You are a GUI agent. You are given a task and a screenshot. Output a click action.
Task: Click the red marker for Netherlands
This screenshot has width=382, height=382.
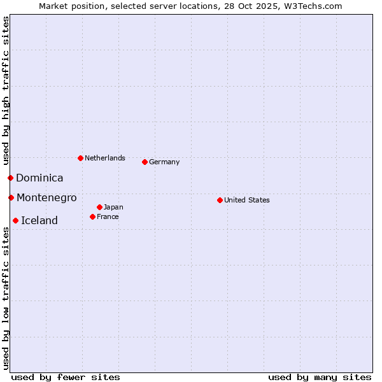[80, 158]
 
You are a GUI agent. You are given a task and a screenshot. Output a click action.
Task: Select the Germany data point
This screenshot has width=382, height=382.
[145, 162]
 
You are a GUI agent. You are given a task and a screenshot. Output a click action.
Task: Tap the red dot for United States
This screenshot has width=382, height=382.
[220, 200]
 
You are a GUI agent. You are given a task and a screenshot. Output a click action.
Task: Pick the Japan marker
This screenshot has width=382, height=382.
[99, 207]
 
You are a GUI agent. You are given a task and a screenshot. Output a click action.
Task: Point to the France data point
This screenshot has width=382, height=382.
[92, 216]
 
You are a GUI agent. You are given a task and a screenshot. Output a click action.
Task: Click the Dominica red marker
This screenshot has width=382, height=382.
[10, 178]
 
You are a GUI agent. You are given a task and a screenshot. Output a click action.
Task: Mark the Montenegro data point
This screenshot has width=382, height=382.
[11, 197]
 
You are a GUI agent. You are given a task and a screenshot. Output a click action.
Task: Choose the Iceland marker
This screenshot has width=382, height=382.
[15, 220]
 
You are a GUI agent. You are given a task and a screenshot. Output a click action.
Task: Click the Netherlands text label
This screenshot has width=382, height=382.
[105, 158]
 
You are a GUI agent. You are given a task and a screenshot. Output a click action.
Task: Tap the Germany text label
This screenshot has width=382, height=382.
[164, 162]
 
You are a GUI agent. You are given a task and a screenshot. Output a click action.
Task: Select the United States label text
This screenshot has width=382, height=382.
[247, 200]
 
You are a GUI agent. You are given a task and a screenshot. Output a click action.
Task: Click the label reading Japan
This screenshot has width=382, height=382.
[113, 207]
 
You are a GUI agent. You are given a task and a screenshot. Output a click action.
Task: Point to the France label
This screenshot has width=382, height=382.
[108, 216]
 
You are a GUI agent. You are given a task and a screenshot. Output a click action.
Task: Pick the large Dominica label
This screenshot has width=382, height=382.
[39, 178]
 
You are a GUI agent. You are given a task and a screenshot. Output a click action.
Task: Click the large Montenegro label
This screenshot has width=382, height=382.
[46, 198]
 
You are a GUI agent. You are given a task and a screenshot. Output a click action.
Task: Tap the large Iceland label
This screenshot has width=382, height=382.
[39, 221]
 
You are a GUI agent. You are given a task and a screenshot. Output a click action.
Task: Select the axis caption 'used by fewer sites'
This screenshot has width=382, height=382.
[66, 377]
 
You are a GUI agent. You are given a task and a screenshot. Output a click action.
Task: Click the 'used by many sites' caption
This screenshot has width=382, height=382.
[320, 377]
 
